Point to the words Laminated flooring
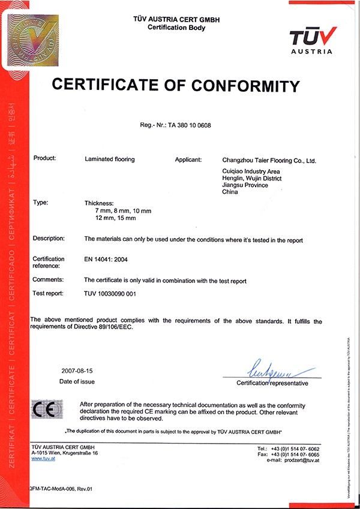coord(110,159)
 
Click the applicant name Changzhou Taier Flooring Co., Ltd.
coord(269,161)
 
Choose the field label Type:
coord(41,203)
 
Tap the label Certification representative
coord(272,382)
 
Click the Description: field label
coord(49,239)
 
